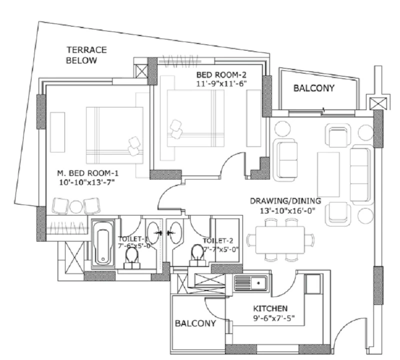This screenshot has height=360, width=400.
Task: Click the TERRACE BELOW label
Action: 86,55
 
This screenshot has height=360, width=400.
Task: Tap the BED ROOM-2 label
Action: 221,75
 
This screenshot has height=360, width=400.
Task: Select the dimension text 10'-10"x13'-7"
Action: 86,183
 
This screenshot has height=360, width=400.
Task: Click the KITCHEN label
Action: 270,308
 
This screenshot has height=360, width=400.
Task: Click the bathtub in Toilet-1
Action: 103,243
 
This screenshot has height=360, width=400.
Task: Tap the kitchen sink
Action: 251,282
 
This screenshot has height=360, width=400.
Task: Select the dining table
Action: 280,240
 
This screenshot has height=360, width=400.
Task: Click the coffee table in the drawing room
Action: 328,174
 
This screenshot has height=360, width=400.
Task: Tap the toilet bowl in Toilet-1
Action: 132,257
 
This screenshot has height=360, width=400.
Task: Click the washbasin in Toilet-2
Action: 176,232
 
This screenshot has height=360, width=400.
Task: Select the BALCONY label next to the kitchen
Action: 195,323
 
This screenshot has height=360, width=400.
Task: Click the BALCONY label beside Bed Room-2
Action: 314,88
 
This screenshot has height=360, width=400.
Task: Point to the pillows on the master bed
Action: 134,146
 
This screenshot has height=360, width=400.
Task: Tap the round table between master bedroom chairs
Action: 76,207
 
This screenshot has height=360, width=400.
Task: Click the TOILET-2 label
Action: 217,241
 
